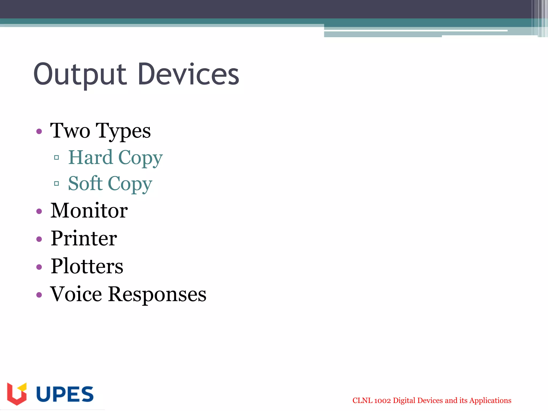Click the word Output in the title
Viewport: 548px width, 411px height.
coord(80,74)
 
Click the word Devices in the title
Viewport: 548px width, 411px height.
coord(188,74)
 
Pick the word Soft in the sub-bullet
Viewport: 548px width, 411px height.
coord(85,184)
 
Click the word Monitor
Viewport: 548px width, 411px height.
coord(89,211)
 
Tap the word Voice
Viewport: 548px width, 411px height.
coord(76,294)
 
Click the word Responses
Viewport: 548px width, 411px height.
coord(157,295)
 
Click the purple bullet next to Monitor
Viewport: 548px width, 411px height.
coord(39,211)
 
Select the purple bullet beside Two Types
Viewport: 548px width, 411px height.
coord(39,131)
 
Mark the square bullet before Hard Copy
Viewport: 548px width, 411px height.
coord(56,158)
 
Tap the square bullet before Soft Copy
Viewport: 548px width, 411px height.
coord(56,184)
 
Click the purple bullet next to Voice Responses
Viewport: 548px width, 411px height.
coord(39,295)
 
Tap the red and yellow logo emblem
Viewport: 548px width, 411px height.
coord(17,394)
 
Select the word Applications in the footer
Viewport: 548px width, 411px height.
coord(490,401)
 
